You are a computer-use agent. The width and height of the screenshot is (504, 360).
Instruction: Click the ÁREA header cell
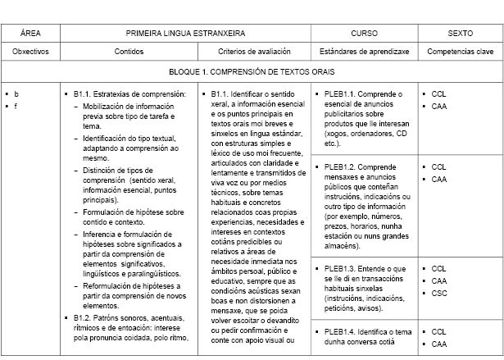pos(30,34)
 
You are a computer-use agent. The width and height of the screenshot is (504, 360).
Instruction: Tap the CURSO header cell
pos(364,34)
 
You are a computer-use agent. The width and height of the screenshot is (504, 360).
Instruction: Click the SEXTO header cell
pos(460,34)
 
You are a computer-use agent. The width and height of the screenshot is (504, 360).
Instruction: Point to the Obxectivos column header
pos(30,51)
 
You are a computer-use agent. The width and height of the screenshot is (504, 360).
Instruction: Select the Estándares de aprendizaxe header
pos(364,51)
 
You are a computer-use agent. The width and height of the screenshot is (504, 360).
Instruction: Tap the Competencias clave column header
pos(460,51)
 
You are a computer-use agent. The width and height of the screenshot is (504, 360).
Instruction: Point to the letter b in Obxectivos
pos(16,93)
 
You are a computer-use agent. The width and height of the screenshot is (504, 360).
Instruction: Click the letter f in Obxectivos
pos(15,106)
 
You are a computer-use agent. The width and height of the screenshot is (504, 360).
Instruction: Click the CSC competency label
pos(438,293)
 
